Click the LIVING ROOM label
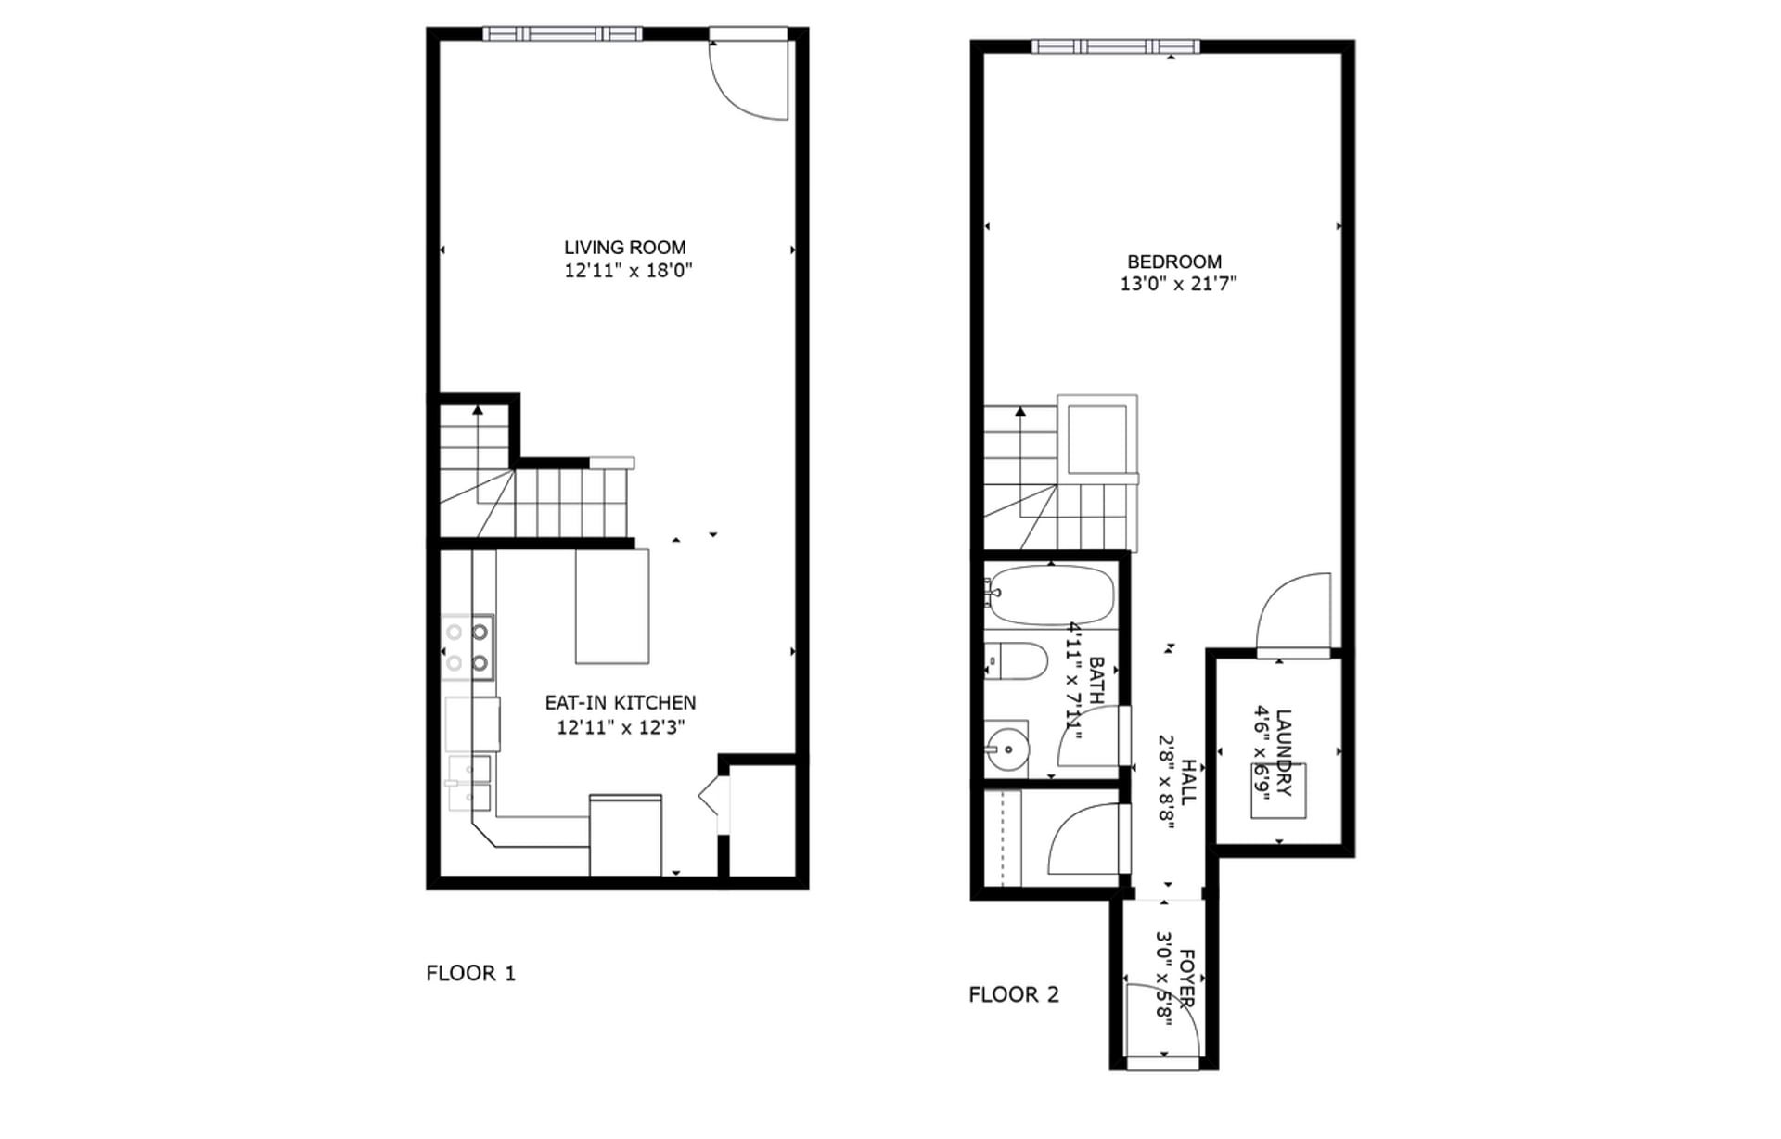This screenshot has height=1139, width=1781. click(x=624, y=248)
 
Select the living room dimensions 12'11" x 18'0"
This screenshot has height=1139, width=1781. click(x=628, y=271)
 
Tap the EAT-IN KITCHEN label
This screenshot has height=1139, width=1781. click(x=620, y=703)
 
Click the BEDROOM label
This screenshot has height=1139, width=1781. click(x=1173, y=262)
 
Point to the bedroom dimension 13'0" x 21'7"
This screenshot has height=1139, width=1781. click(x=1178, y=284)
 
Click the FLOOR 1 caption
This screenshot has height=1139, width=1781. click(x=470, y=973)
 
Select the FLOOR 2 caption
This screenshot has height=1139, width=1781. click(x=1013, y=994)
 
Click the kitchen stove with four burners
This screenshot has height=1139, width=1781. click(x=468, y=647)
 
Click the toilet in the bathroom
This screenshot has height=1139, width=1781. click(x=1017, y=660)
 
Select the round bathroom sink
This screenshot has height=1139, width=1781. click(x=1006, y=748)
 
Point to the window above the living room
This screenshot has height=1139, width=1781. click(x=562, y=34)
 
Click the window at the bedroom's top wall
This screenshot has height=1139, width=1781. click(x=1115, y=46)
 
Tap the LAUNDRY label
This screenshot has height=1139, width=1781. click(x=1283, y=752)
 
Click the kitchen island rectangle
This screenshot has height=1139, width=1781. click(x=611, y=606)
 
